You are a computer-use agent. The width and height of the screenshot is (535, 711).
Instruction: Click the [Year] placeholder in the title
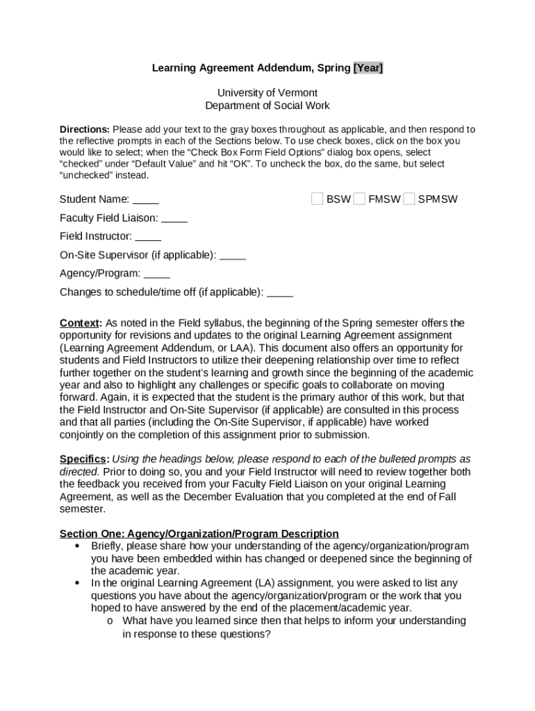click(368, 68)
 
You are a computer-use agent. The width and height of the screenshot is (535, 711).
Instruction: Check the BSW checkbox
click(317, 199)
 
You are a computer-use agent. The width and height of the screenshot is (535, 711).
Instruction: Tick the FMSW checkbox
click(359, 199)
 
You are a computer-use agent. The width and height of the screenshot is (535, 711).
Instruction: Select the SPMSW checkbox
click(409, 199)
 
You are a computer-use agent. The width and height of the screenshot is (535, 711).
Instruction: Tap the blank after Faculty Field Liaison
click(174, 218)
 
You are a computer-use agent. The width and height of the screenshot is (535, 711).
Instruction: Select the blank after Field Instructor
click(148, 236)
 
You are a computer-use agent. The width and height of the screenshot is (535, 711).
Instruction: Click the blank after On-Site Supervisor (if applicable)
click(233, 255)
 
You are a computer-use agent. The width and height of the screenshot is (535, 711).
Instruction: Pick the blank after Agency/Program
click(157, 274)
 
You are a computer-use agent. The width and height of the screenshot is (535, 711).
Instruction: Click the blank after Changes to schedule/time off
click(280, 292)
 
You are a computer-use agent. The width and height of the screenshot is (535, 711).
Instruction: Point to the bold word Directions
click(84, 129)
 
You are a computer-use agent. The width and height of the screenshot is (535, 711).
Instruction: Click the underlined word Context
click(80, 323)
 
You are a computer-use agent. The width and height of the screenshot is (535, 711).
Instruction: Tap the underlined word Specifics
click(83, 459)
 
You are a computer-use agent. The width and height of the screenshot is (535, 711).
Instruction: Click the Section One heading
click(199, 534)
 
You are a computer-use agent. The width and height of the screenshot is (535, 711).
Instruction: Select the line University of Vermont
click(267, 93)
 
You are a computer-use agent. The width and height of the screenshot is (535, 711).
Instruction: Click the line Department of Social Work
click(267, 106)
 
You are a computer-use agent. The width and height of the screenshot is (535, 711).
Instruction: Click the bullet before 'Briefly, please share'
click(77, 546)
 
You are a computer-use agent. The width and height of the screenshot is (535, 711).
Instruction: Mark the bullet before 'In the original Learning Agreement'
click(77, 583)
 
